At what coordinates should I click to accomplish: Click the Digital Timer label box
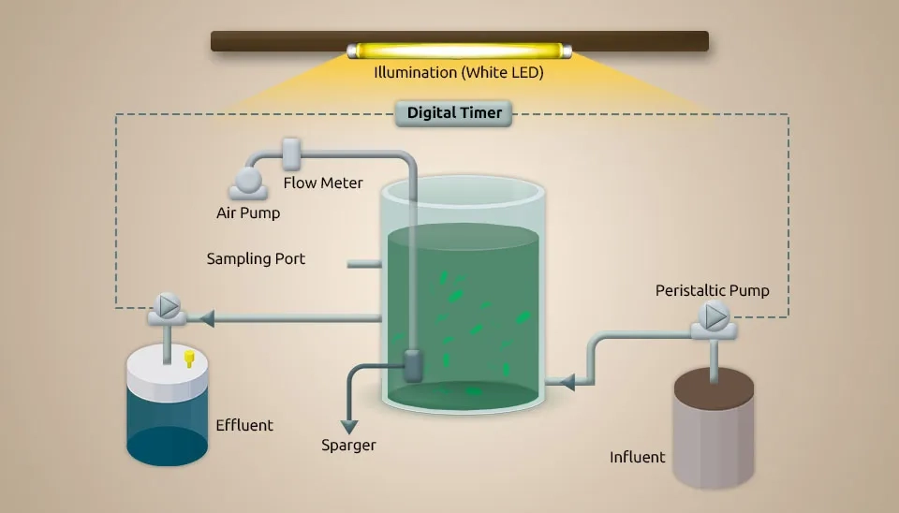click(454, 113)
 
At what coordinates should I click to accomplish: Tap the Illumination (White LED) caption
click(459, 72)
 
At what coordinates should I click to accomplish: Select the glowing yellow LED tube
click(459, 51)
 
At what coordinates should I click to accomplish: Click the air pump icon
click(250, 181)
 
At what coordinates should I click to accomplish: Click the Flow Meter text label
click(323, 183)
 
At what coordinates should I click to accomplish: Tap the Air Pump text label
click(248, 213)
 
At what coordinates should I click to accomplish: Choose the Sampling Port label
click(256, 258)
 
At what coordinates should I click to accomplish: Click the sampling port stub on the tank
click(363, 265)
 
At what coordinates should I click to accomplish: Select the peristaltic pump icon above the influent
click(715, 317)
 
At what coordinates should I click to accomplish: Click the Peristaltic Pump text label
click(712, 290)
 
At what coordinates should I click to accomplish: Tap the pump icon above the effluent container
click(169, 306)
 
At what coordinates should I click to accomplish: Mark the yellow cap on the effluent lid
click(189, 359)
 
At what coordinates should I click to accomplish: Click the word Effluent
click(244, 425)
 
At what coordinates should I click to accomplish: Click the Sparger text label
click(348, 445)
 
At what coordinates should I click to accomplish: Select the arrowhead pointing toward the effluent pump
click(208, 319)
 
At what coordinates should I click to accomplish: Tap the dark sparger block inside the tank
click(413, 364)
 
